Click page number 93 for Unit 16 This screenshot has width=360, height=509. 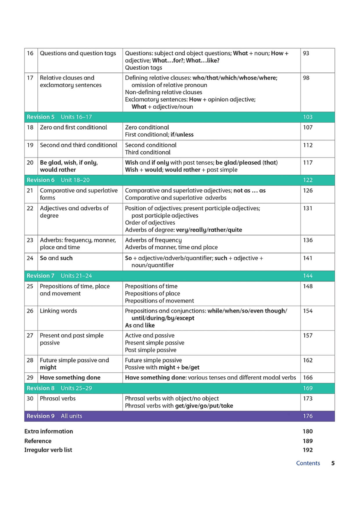click(306, 53)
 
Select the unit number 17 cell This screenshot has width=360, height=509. click(30, 78)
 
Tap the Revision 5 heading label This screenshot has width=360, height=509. click(41, 117)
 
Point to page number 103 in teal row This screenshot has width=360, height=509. click(308, 117)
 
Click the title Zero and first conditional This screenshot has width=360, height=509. click(73, 127)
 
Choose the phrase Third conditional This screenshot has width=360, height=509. click(148, 152)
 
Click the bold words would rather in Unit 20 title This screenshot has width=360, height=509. click(58, 170)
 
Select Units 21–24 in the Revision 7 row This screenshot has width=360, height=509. click(76, 276)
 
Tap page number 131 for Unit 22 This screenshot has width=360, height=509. click(307, 208)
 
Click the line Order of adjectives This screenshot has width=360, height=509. click(150, 223)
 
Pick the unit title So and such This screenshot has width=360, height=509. click(56, 258)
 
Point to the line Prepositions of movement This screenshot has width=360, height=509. click(159, 301)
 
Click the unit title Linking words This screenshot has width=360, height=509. click(58, 311)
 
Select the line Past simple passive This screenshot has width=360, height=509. click(151, 350)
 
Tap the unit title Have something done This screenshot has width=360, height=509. click(70, 378)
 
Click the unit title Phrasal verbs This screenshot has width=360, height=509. click(58, 398)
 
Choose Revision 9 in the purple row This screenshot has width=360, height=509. click(41, 416)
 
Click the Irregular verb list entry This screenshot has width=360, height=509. click(48, 450)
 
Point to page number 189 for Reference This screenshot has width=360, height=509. click(307, 441)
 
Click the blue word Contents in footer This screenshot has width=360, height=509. click(308, 463)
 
